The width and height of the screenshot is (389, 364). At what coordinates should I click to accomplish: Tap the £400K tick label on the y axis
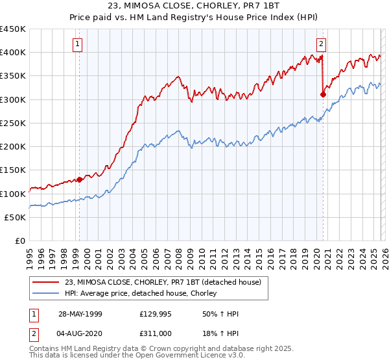click(x=13, y=53)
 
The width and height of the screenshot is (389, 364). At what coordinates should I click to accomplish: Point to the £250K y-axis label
click(x=13, y=123)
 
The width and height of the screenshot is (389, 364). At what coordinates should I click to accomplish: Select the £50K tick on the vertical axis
click(x=16, y=218)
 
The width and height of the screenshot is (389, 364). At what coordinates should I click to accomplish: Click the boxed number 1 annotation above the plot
click(x=78, y=44)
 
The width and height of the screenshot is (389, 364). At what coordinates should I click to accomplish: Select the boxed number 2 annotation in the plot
click(x=321, y=44)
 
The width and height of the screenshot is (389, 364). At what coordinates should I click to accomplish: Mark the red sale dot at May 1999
click(x=79, y=179)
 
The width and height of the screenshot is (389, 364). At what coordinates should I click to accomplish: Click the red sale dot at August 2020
click(x=323, y=94)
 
